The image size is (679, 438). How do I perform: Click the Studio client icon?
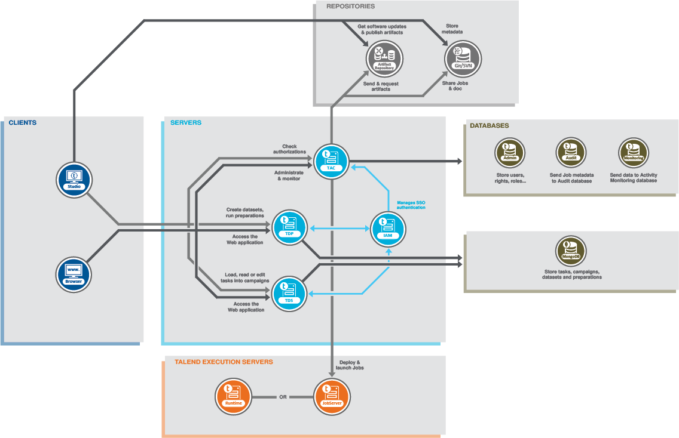74,178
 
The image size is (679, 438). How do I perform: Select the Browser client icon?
74,274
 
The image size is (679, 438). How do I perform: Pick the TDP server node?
289,226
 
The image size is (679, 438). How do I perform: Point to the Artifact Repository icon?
384,60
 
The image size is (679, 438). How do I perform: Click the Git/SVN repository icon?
463,60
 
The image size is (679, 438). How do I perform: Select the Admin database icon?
510,152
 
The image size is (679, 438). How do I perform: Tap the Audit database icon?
571,152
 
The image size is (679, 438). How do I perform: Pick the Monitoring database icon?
634,152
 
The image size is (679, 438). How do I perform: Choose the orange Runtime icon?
233,397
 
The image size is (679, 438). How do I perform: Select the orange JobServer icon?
332,397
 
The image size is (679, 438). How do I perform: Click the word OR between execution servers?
283,397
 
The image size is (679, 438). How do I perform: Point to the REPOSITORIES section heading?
350,7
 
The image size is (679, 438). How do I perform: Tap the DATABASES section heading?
489,126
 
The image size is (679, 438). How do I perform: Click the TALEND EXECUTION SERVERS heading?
224,362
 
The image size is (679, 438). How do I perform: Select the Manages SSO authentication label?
411,205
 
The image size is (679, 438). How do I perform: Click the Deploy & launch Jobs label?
351,365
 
